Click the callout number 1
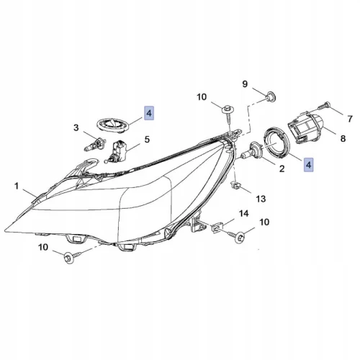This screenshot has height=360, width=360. click(17, 186)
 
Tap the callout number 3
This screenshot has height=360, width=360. click(76, 127)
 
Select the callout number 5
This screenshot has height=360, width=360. click(147, 139)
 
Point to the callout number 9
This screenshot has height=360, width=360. click(245, 84)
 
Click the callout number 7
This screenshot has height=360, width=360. click(350, 119)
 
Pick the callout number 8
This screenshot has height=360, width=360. click(343, 138)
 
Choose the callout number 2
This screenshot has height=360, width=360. click(282, 168)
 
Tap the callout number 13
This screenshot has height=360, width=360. click(261, 199)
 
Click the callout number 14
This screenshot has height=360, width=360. click(244, 213)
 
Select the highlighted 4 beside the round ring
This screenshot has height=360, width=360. click(308, 165)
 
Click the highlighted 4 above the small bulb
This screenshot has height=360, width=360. click(149, 113)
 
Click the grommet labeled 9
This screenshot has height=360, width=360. click(271, 96)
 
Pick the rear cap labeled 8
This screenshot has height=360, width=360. click(305, 128)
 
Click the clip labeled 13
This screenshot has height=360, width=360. click(235, 186)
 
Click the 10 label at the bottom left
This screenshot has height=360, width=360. click(43, 247)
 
